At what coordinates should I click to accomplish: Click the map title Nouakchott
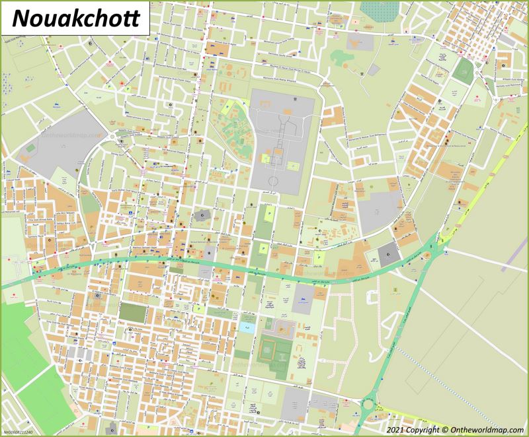tap(76, 18)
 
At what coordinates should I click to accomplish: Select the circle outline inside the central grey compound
tap(274, 180)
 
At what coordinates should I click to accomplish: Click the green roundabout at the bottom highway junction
tap(369, 403)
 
